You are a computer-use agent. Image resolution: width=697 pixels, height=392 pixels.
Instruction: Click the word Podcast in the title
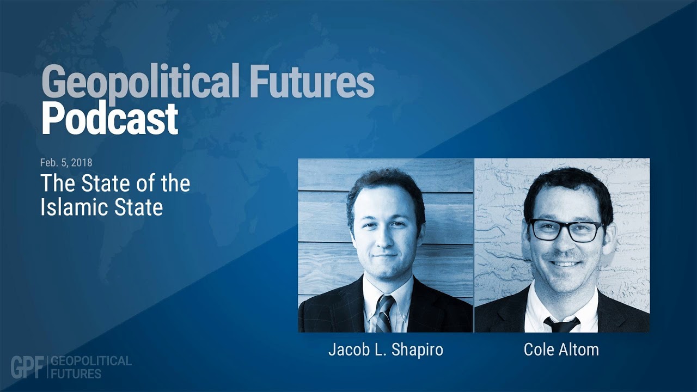[x=110, y=119]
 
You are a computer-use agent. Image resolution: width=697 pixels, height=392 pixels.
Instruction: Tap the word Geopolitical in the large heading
[x=140, y=82]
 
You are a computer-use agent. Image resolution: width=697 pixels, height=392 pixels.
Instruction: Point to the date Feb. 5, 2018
[x=66, y=162]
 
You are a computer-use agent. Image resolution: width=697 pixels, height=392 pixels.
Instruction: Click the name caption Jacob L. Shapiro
[x=386, y=350]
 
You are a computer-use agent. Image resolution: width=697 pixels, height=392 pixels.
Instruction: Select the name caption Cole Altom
[x=561, y=350]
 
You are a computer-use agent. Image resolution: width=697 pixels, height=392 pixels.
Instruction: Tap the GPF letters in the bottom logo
[x=27, y=367]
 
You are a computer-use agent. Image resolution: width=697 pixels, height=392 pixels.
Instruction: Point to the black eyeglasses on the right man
[x=566, y=230]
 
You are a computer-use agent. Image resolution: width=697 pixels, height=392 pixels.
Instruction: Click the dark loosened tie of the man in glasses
[x=561, y=324]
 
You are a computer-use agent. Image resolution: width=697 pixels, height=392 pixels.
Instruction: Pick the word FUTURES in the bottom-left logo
[x=76, y=373]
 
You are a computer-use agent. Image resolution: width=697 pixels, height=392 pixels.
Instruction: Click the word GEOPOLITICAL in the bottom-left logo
[x=91, y=361]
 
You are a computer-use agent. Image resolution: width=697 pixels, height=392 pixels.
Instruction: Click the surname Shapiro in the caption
[x=417, y=350]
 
